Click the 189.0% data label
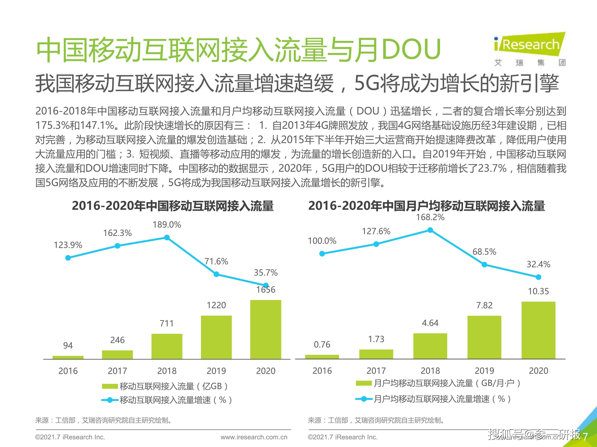point(167,225)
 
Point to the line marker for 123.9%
point(68,258)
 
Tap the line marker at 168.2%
point(430,230)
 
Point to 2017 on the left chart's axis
point(117,371)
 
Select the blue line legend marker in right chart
point(364,399)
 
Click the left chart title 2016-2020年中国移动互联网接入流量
point(173,206)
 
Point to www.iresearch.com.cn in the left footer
point(254,437)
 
